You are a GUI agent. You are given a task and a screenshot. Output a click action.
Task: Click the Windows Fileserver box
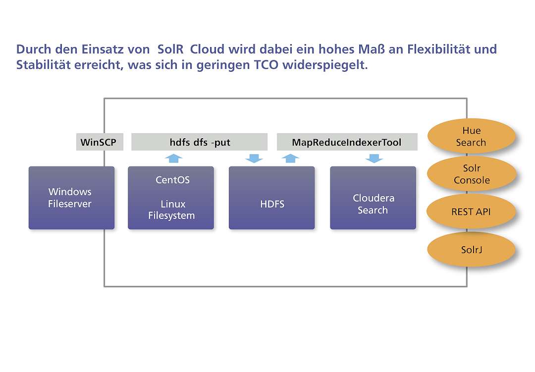click(72, 198)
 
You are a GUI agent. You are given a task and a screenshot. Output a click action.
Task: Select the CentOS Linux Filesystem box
click(171, 198)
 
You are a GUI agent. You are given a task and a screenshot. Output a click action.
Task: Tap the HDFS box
click(272, 198)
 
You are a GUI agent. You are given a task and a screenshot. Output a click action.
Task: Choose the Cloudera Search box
click(373, 198)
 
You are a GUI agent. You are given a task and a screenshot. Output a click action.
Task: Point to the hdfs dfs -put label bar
click(199, 142)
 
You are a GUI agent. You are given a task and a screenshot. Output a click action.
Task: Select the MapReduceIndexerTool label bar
click(347, 142)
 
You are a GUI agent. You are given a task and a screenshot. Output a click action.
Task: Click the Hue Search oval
click(471, 136)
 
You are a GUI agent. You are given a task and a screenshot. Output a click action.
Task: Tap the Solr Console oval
click(472, 174)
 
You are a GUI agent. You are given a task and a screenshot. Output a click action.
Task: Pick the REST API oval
click(471, 212)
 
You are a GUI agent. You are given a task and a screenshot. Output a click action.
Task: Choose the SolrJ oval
click(471, 250)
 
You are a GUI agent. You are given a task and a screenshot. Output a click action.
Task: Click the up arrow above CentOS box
click(174, 158)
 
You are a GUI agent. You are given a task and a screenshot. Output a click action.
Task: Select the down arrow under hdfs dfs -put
click(254, 159)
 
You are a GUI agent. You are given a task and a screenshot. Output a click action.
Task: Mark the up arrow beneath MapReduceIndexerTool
click(290, 158)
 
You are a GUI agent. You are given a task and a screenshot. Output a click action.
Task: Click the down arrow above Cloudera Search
click(374, 159)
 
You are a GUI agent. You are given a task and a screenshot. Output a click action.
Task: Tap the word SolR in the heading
click(170, 49)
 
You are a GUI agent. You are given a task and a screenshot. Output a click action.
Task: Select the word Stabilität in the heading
click(43, 64)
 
